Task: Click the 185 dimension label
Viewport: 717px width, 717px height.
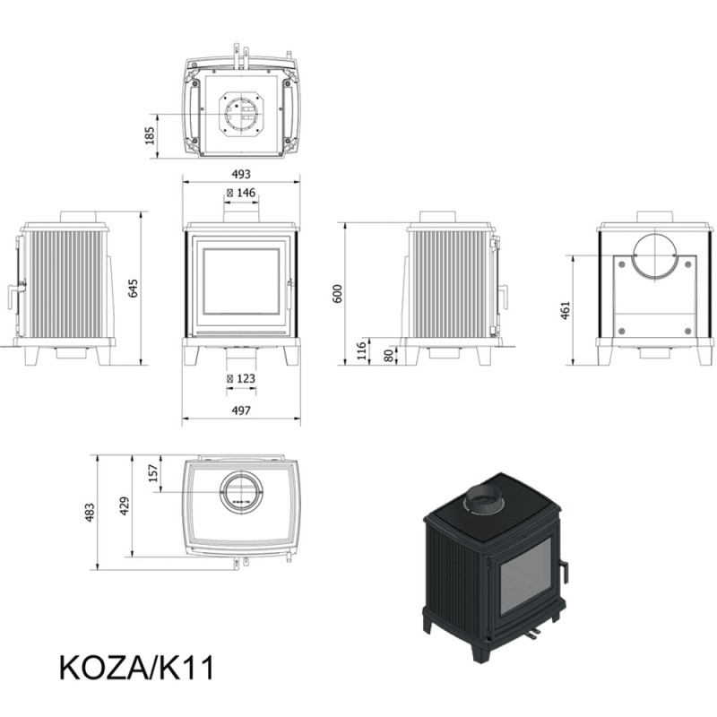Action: [150, 136]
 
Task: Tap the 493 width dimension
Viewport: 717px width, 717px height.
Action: [241, 174]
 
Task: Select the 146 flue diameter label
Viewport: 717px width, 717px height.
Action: [241, 193]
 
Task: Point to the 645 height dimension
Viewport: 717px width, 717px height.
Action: [133, 288]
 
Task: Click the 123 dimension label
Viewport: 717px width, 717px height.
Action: [241, 378]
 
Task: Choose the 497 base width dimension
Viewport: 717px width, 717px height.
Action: [241, 410]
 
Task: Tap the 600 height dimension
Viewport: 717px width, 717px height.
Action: [338, 294]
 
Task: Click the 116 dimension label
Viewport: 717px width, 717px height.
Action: [361, 350]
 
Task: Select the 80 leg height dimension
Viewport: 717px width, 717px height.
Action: [389, 356]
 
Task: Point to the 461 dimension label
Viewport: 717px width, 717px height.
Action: [566, 310]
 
